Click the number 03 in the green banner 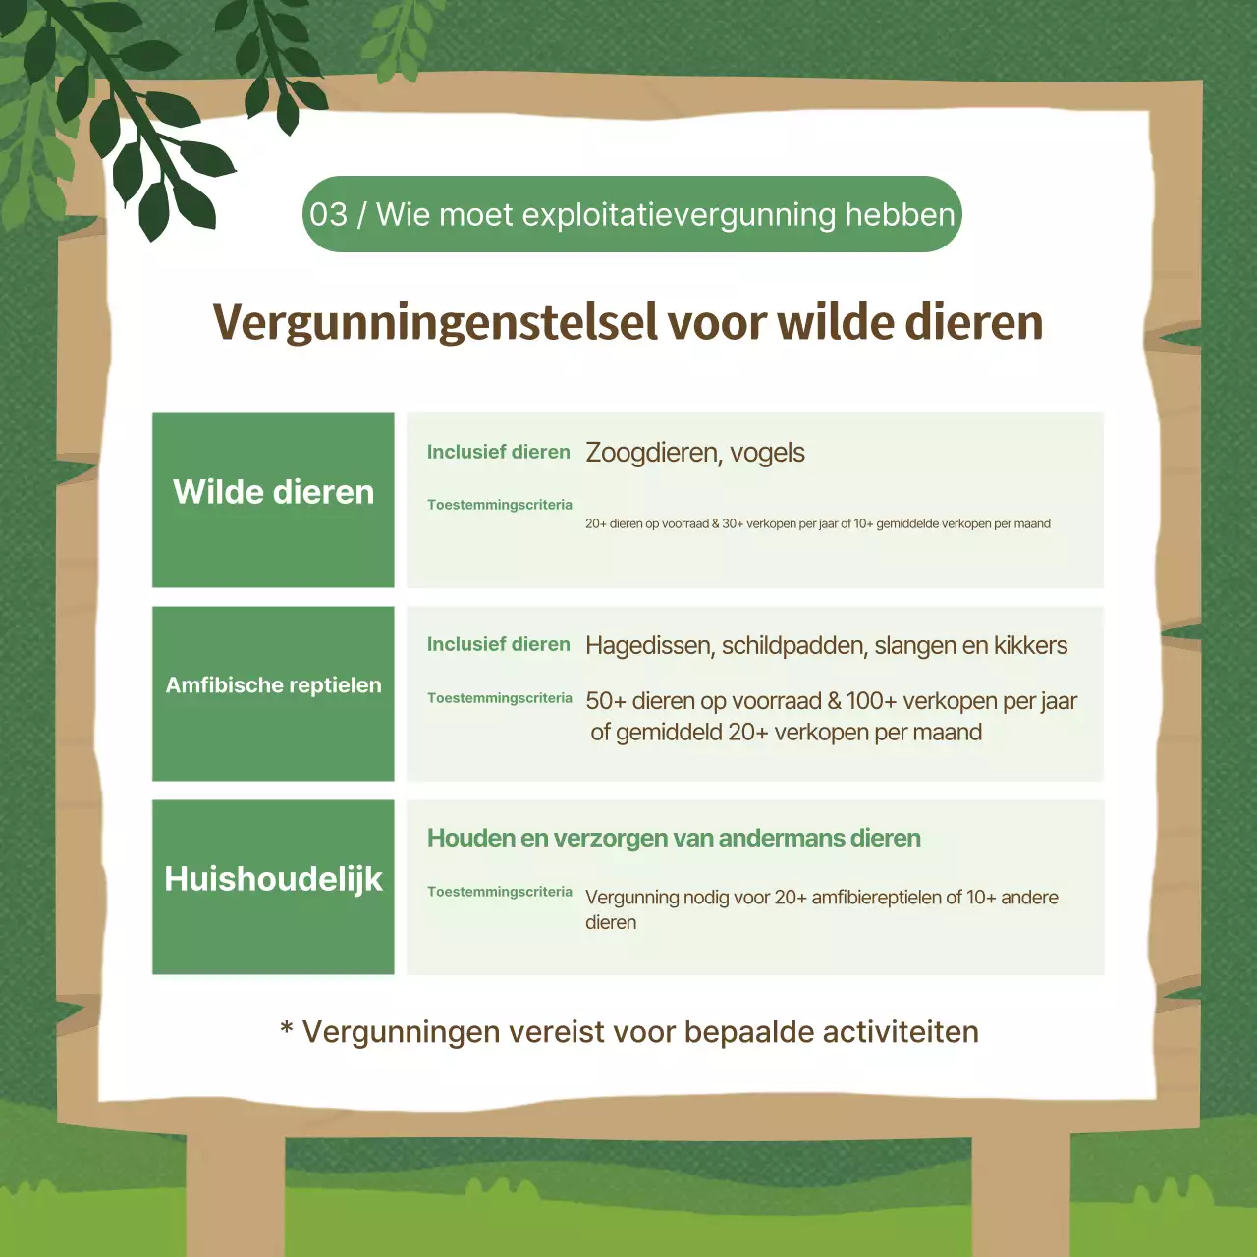coord(328,214)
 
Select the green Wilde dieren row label coord(273,492)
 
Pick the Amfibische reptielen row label coord(273,685)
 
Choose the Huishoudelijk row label coord(273,879)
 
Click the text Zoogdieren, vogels coord(694,453)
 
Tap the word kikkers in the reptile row coord(1030,646)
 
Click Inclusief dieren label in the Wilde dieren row coord(498,452)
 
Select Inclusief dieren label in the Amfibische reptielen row coord(498,645)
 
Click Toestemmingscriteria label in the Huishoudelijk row coord(499,892)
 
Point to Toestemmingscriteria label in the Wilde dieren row coord(499,505)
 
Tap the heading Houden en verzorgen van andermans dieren coord(674,839)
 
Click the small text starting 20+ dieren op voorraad coord(817,524)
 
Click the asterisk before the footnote coord(287,1028)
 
